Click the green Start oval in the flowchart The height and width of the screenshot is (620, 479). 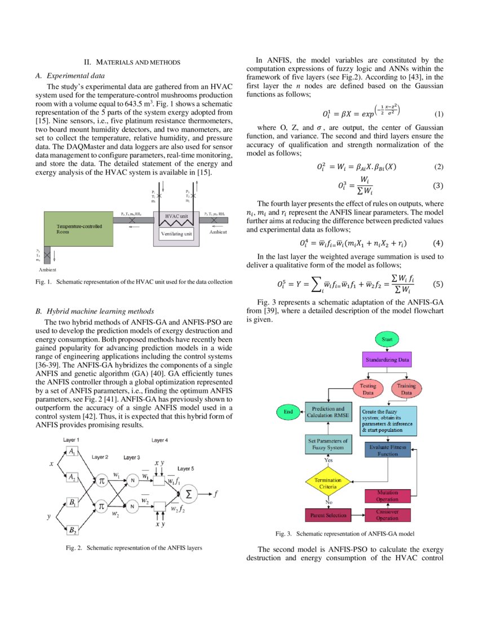coord(387,340)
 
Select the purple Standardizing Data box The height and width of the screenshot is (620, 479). coord(387,360)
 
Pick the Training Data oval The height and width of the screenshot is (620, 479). coord(406,389)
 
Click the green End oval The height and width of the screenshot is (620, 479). coord(288,411)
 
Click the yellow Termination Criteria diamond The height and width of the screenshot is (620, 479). coord(328,483)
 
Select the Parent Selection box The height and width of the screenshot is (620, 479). coord(329,515)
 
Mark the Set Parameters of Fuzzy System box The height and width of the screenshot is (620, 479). coord(327,443)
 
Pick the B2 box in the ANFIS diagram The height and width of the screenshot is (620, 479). coord(73,529)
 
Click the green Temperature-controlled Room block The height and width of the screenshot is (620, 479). coord(78,228)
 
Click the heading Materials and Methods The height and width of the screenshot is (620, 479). coord(132,62)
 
